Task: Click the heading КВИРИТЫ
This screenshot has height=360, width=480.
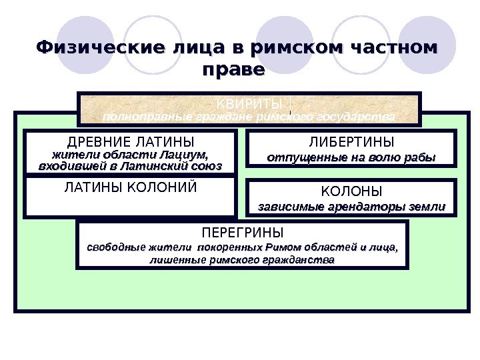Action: point(250,103)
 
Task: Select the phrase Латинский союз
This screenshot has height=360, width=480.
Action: point(185,166)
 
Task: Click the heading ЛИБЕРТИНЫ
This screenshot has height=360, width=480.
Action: point(351,142)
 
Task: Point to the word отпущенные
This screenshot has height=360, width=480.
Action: point(299,158)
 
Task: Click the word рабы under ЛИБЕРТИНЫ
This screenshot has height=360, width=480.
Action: point(421,158)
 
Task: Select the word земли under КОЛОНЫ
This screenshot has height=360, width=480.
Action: point(429,207)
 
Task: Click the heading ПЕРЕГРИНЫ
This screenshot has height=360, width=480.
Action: point(242,233)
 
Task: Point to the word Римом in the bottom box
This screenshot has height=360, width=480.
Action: point(280,247)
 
